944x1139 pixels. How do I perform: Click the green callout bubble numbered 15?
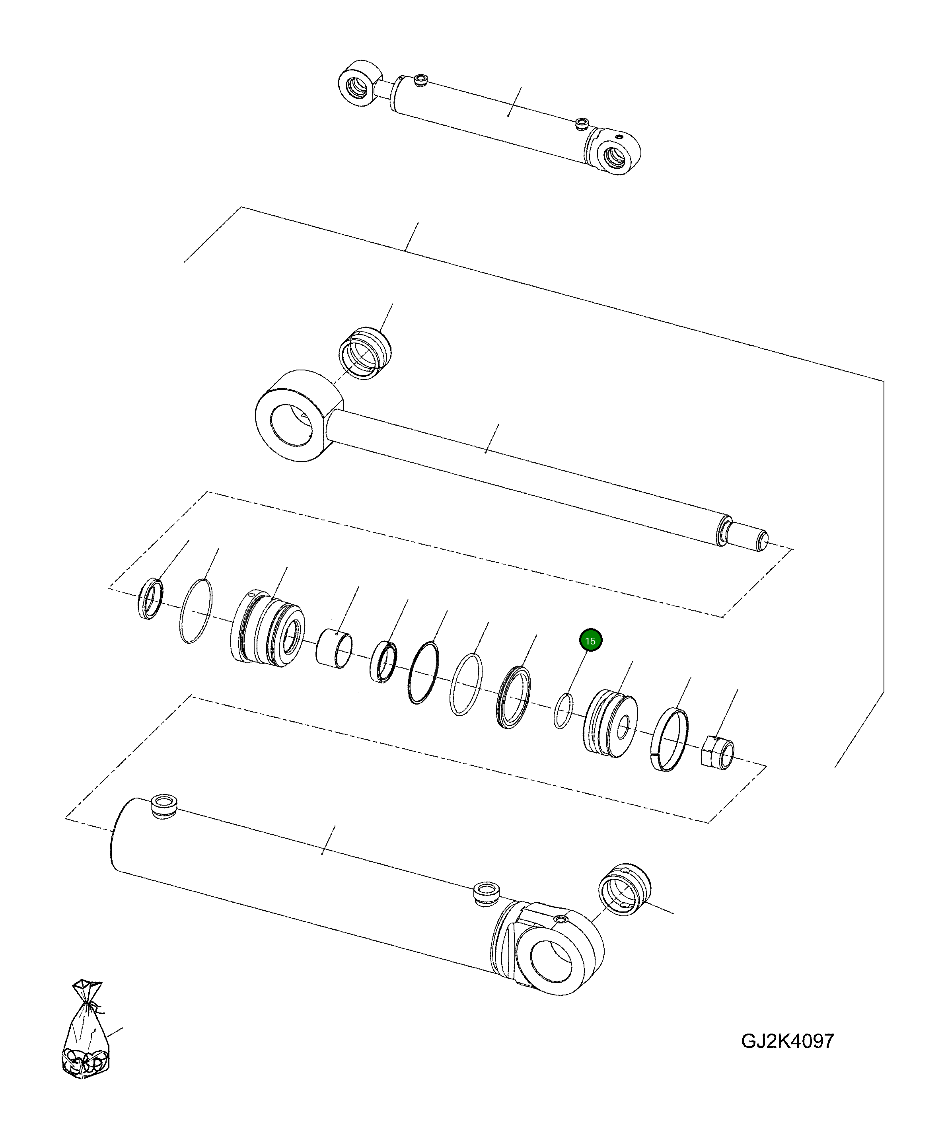590,641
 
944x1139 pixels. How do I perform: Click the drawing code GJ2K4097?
787,1041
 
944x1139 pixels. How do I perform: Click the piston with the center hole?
611,723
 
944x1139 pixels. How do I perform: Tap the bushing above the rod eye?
364,354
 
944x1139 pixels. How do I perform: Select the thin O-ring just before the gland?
195,611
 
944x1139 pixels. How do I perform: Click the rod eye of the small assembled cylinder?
358,84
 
